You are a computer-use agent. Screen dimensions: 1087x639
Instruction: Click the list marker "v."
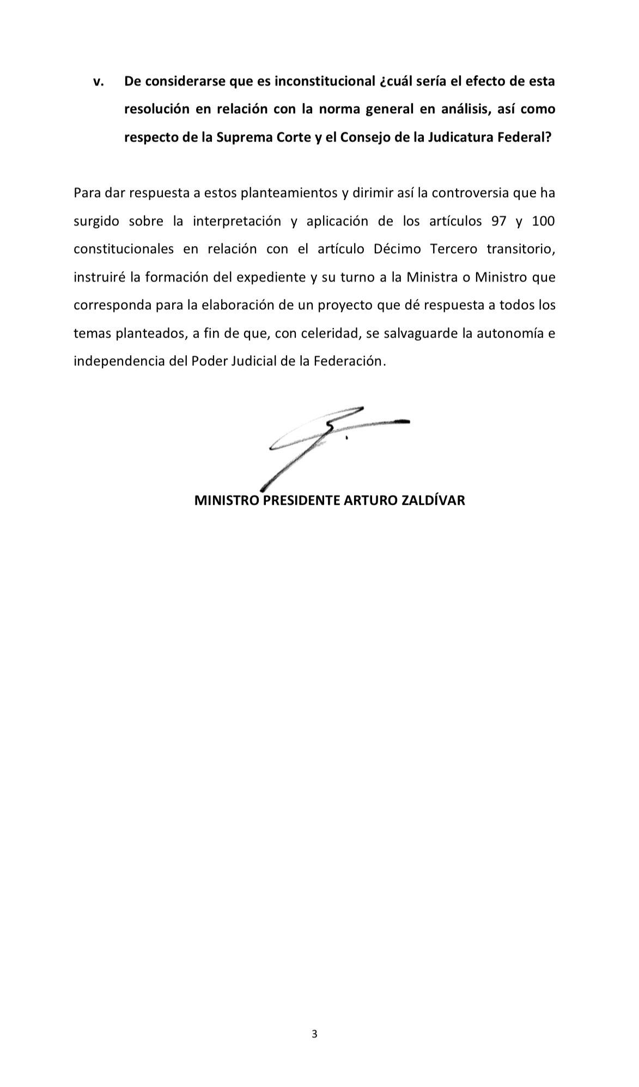click(x=99, y=82)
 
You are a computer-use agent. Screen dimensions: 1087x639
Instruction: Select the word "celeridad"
click(x=332, y=333)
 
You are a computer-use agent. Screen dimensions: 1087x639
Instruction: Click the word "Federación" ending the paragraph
click(x=350, y=361)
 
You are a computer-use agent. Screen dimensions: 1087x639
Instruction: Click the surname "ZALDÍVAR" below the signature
click(x=433, y=500)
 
